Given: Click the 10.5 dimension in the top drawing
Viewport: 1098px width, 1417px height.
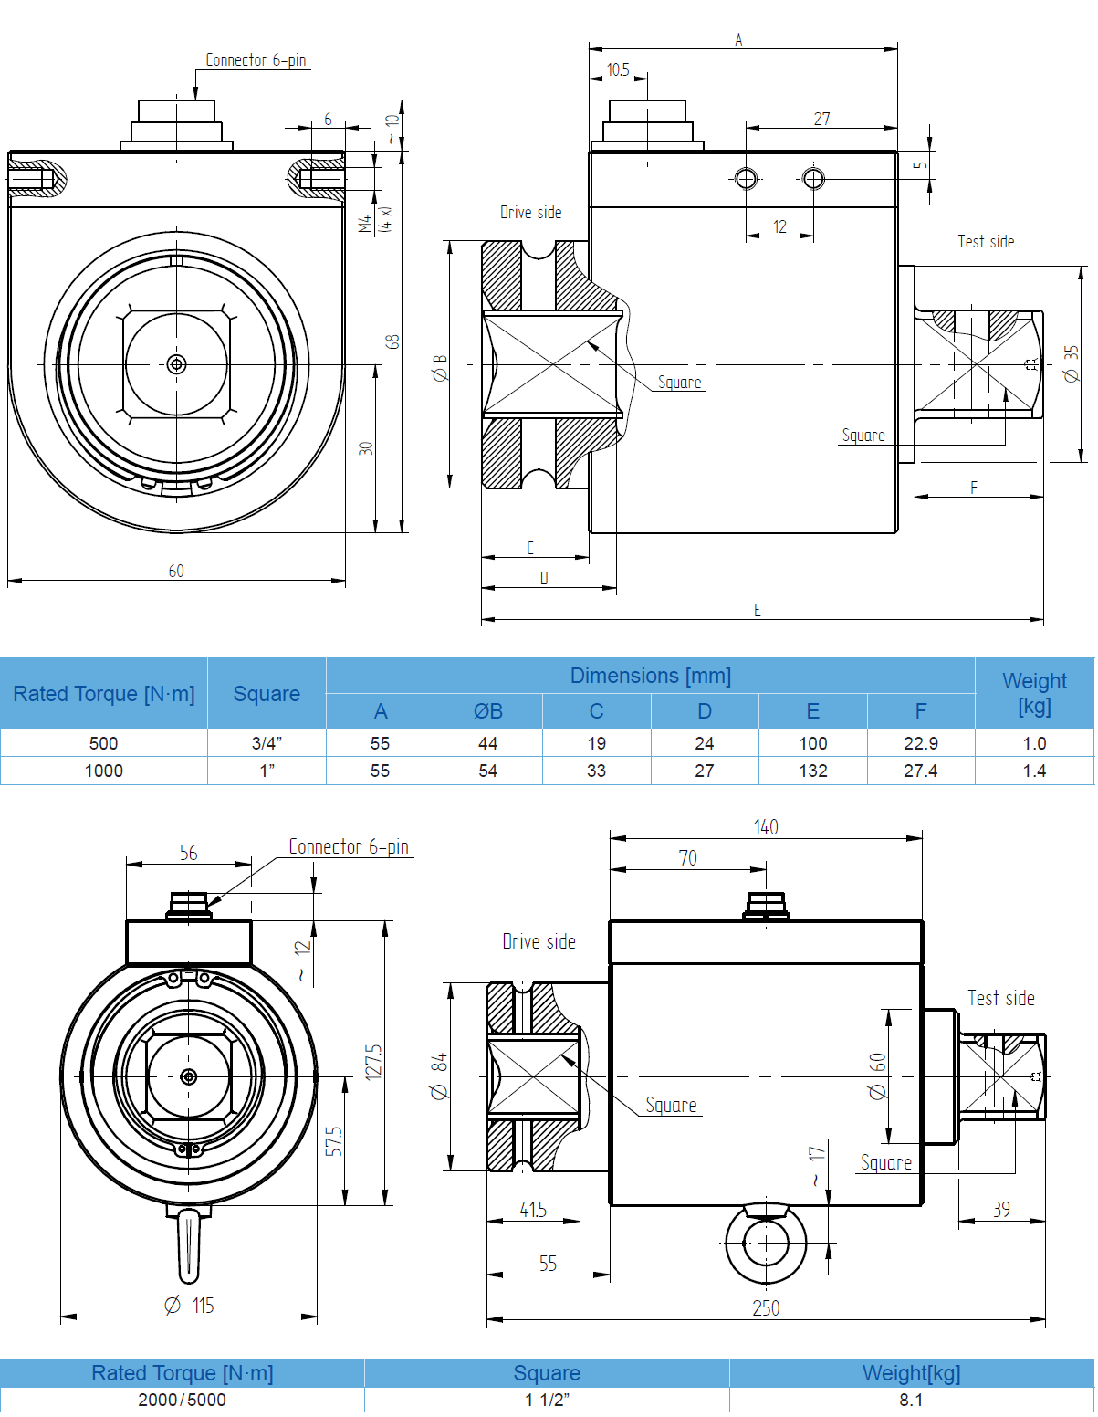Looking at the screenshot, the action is point(618,69).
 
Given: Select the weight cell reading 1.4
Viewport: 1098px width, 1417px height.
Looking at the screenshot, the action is point(1034,771).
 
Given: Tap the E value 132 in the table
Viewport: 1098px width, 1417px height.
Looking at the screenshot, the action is point(812,771).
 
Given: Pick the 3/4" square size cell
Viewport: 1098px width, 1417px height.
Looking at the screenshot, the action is point(267,743).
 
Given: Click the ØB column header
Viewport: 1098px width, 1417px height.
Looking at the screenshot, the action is point(488,710).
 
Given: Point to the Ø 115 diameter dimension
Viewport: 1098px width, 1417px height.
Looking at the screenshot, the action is point(189,1306).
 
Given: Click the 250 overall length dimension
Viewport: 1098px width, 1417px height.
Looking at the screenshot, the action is point(766,1308).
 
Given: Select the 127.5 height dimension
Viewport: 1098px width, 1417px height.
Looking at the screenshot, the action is point(373,1062).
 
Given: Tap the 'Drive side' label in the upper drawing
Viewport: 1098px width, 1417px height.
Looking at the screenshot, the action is point(530,213).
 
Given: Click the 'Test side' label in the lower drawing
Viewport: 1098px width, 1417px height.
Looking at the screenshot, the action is point(1001,998).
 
